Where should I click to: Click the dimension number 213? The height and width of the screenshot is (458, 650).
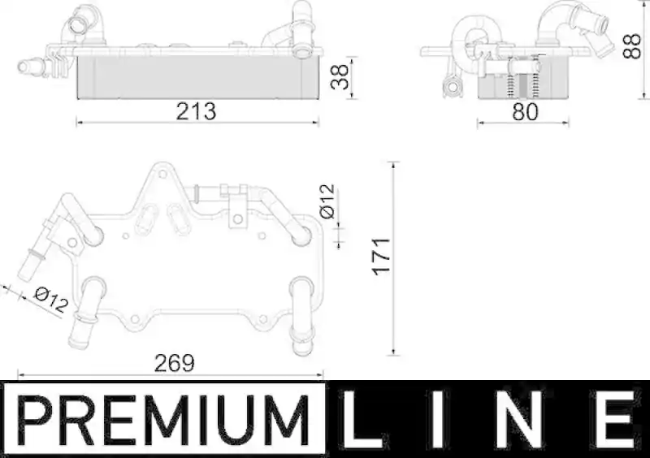[196, 111]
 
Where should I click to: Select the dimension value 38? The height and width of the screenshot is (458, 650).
[340, 76]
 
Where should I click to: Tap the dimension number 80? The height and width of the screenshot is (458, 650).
[525, 111]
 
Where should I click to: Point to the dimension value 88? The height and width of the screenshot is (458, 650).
[632, 46]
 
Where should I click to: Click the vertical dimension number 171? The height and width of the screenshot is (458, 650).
[381, 257]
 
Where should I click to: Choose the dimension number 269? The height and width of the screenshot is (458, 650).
[174, 364]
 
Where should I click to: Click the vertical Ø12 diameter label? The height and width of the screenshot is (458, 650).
[327, 201]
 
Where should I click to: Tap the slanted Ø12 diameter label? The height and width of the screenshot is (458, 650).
[51, 300]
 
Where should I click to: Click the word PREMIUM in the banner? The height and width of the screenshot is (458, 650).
[164, 420]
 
